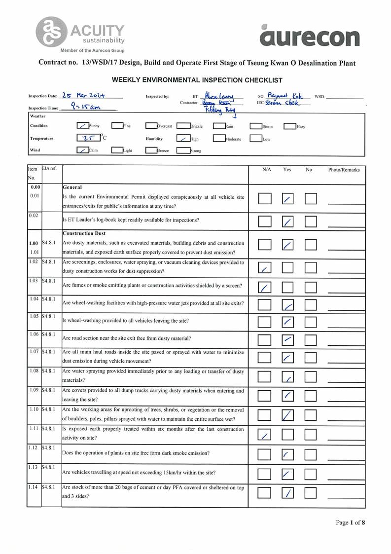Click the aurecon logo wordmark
point(309,36)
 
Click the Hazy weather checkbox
point(289,126)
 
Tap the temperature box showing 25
point(88,139)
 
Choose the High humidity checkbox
point(183,139)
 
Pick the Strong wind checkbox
point(183,150)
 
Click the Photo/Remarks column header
point(344,170)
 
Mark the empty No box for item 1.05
point(310,323)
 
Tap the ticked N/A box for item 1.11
point(265,435)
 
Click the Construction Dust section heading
point(84,233)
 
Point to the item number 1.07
point(34,352)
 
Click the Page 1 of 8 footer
point(351,522)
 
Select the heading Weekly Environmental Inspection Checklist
point(197,80)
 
